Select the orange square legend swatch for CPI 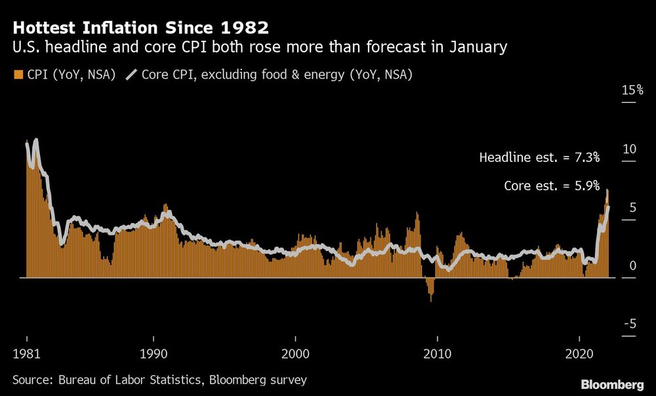pos(17,75)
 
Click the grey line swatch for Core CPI pos(131,75)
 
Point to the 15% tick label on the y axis pos(632,90)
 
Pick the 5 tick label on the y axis pos(632,207)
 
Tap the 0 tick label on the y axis pos(632,266)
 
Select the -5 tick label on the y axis pos(630,324)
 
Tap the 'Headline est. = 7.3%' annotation pos(539,158)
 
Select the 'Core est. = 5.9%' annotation pos(552,186)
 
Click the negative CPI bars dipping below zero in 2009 pos(430,288)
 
